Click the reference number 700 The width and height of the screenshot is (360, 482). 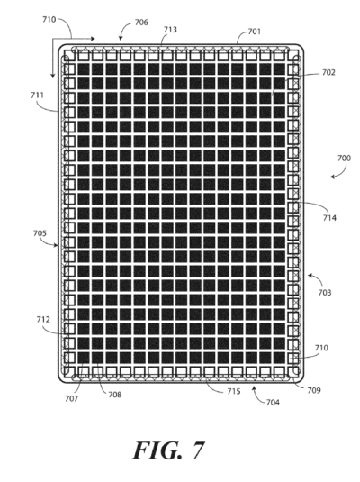pyautogui.click(x=344, y=158)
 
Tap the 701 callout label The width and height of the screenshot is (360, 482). pyautogui.click(x=254, y=32)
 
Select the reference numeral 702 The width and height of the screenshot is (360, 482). pyautogui.click(x=328, y=72)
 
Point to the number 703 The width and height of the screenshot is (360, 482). pyautogui.click(x=325, y=292)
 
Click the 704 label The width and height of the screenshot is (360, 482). pyautogui.click(x=273, y=402)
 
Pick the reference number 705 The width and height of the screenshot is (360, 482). pyautogui.click(x=40, y=233)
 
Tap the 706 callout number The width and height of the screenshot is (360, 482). pyautogui.click(x=141, y=23)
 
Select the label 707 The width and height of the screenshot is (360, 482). pyautogui.click(x=72, y=399)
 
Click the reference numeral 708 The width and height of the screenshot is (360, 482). pyautogui.click(x=115, y=395)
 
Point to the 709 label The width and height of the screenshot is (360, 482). pyautogui.click(x=314, y=390)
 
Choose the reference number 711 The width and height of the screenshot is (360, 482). pyautogui.click(x=37, y=95)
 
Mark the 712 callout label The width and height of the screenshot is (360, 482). pyautogui.click(x=43, y=320)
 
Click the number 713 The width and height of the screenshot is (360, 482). pyautogui.click(x=170, y=29)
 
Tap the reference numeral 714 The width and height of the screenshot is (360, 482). pyautogui.click(x=329, y=218)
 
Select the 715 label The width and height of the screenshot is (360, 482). pyautogui.click(x=234, y=391)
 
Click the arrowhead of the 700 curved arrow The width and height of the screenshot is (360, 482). pyautogui.click(x=332, y=177)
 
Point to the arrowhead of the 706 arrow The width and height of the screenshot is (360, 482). pyautogui.click(x=121, y=39)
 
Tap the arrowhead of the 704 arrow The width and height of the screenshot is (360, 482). pyautogui.click(x=254, y=388)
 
